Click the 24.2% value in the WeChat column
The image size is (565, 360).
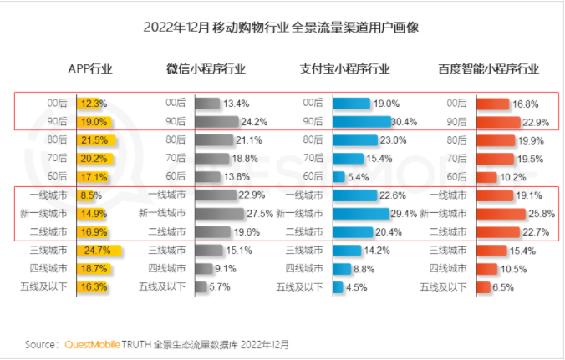(x=242, y=121)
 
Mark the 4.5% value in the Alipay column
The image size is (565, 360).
(x=359, y=286)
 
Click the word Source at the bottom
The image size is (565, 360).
(x=41, y=343)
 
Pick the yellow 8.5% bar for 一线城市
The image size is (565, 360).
(x=87, y=195)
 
